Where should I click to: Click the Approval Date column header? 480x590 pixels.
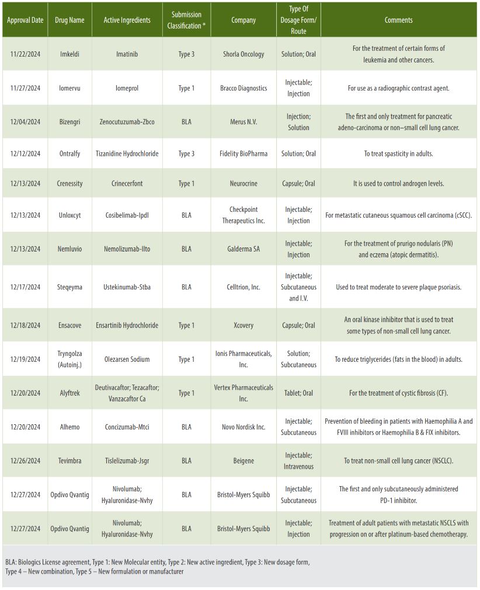(25, 20)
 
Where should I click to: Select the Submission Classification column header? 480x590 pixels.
(186, 20)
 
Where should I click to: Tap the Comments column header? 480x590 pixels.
(398, 20)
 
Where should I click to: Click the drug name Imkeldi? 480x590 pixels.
(69, 54)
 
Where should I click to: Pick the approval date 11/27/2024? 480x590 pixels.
(25, 88)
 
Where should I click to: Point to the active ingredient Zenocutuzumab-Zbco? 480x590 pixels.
(127, 122)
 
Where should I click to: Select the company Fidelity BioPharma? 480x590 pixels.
(244, 154)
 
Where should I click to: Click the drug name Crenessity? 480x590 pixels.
(69, 183)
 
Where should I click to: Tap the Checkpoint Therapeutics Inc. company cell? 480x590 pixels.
(244, 215)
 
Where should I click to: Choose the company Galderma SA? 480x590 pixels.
(244, 249)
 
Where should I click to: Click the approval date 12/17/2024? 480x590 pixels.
(25, 287)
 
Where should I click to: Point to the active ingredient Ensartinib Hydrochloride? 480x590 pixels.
(127, 325)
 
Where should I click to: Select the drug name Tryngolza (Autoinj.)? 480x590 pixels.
(69, 359)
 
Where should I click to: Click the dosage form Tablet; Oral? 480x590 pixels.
(299, 393)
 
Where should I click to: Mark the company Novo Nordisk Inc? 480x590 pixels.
(244, 427)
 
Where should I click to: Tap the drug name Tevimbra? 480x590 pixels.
(69, 461)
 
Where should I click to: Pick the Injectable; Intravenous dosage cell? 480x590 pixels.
(299, 461)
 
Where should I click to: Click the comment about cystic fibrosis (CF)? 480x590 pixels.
(398, 393)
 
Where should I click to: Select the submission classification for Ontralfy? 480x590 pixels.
(186, 154)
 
